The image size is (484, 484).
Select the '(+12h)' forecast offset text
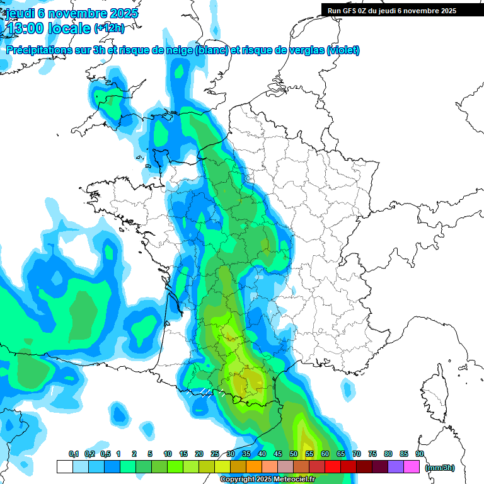point(109,28)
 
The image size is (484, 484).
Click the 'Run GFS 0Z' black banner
point(393,10)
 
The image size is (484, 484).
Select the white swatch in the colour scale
point(64,467)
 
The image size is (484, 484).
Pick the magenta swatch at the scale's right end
point(412,467)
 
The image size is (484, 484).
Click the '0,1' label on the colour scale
point(73,454)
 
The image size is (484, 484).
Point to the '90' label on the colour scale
point(420,454)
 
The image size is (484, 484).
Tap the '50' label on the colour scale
point(294,454)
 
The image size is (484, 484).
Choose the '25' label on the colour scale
point(215,454)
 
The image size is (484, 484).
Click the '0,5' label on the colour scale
point(105,454)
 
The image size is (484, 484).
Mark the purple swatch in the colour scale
point(396,467)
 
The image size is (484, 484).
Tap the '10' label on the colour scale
point(168,454)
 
